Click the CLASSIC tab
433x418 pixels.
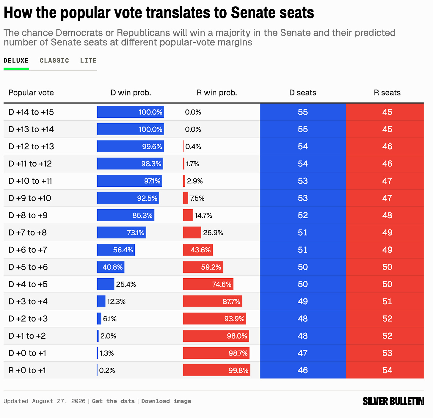tap(54, 61)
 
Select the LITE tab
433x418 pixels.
tap(88, 61)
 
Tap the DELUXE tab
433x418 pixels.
tap(16, 61)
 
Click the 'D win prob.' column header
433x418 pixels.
tap(131, 92)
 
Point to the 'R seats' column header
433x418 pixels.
tap(387, 92)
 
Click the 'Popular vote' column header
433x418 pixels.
tap(31, 92)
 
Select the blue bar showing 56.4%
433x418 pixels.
tap(116, 250)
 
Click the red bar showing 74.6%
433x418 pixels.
tap(208, 284)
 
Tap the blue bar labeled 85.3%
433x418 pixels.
tap(126, 215)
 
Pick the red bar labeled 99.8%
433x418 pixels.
tap(217, 370)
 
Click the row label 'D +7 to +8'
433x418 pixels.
tap(28, 232)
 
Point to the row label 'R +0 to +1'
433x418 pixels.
tap(27, 370)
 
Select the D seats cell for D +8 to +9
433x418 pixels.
tap(303, 215)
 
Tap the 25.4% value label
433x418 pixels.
tap(126, 284)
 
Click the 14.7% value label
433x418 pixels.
tap(203, 215)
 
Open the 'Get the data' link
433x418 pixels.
tap(113, 401)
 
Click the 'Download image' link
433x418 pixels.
tap(166, 401)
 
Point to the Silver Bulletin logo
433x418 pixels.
tap(393, 401)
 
